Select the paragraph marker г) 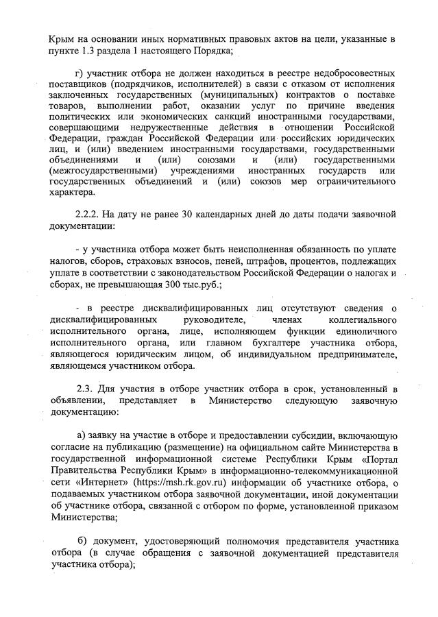click(78, 74)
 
